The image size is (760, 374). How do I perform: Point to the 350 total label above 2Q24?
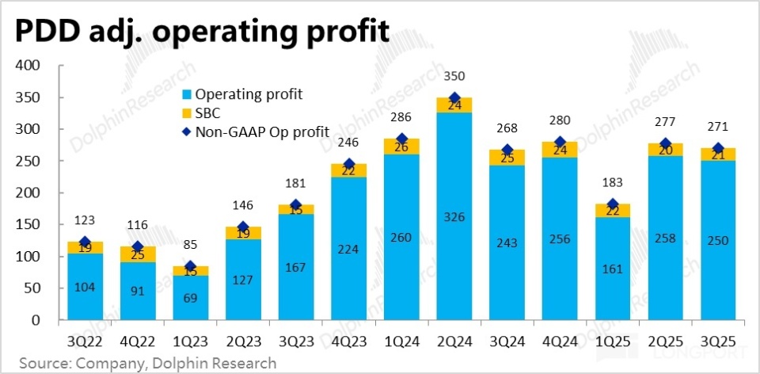454,77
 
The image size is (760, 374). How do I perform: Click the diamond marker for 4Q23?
350,164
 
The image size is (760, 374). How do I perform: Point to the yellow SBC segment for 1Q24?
402,147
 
